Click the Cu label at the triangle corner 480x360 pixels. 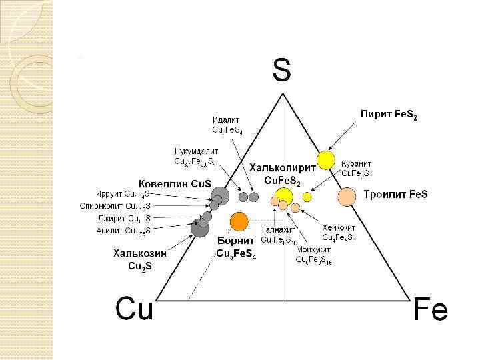click(x=134, y=309)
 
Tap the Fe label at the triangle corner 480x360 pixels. click(x=430, y=310)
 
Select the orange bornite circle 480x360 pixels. click(x=239, y=221)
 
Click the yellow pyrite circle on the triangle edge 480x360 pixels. click(x=325, y=160)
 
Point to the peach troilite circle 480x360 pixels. click(x=347, y=197)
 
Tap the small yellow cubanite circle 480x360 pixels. click(x=307, y=197)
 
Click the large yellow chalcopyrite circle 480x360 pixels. click(x=284, y=196)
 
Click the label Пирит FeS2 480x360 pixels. click(x=389, y=115)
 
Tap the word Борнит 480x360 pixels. click(x=235, y=241)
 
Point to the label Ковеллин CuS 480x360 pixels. click(x=175, y=183)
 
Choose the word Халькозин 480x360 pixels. click(x=139, y=253)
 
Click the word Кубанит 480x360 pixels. click(x=356, y=163)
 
